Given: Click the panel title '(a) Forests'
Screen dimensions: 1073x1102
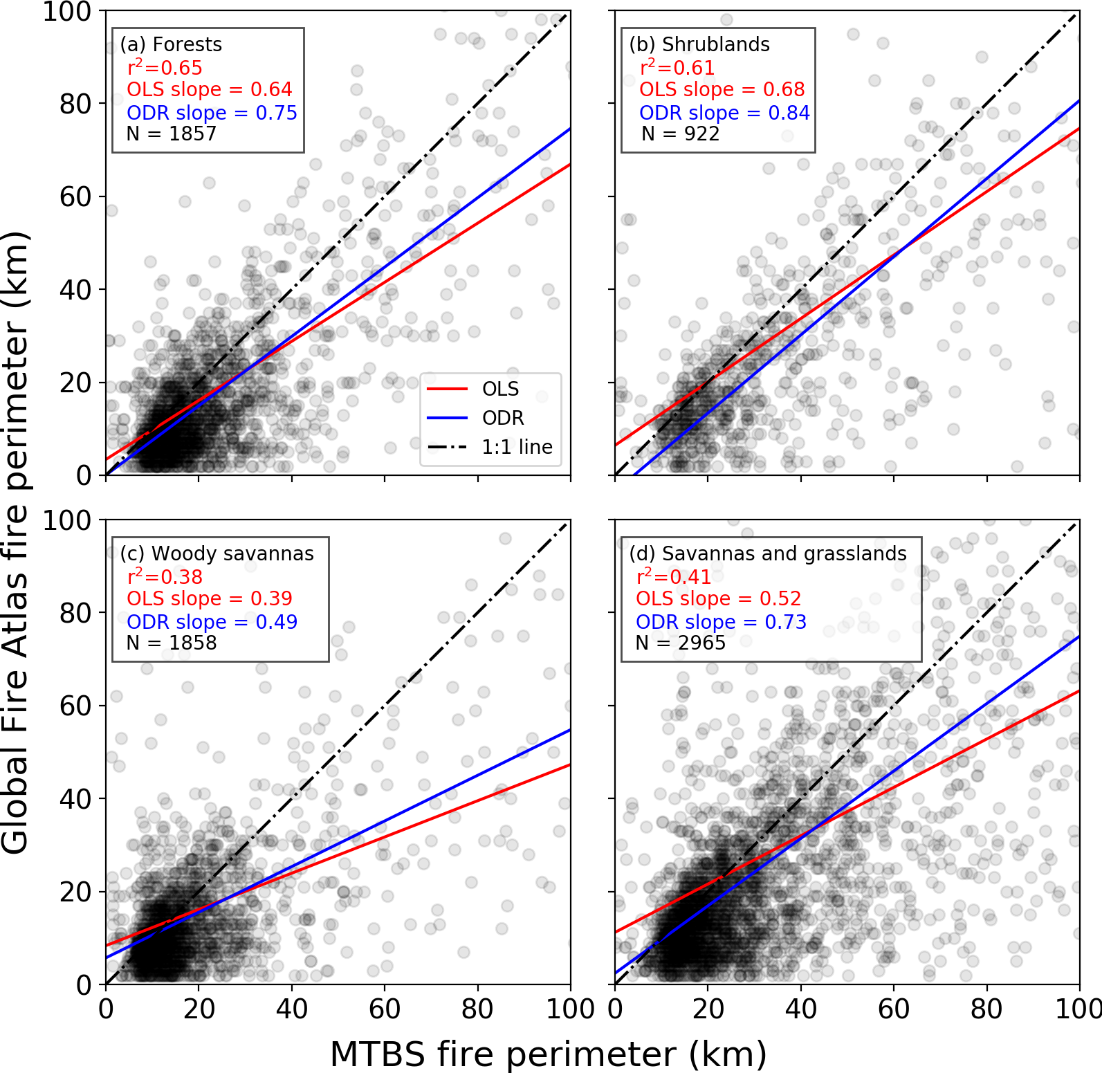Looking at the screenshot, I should point(171,44).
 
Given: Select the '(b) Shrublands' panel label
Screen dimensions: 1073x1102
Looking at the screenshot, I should point(699,44).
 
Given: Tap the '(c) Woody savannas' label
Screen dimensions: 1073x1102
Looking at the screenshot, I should point(217,553).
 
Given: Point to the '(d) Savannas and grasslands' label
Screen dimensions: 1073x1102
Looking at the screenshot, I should point(768,553).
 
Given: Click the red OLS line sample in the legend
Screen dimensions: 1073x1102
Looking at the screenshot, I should point(447,389).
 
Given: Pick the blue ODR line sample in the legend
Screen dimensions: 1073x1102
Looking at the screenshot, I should point(447,418).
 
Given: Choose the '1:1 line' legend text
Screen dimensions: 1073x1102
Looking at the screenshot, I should point(517,448).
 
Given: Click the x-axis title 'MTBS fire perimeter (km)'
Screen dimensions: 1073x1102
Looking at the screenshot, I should point(549,1054).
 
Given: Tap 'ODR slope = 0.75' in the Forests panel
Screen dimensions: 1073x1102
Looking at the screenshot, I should point(212,113).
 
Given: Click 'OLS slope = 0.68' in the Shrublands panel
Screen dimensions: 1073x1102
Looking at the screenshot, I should point(722,89).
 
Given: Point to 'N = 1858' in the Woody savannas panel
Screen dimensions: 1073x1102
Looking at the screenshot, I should point(172,643).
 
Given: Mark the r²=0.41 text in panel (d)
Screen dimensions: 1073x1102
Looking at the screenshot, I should point(673,576).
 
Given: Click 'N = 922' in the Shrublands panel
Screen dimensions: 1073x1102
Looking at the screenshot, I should point(680,134).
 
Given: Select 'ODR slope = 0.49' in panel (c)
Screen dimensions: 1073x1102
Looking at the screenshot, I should point(212,622).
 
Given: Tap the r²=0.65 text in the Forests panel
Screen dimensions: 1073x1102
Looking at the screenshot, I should point(165,68).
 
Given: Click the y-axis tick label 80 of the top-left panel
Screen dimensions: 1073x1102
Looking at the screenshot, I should point(75,104).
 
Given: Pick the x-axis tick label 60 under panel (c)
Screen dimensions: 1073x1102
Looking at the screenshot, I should point(385,1009).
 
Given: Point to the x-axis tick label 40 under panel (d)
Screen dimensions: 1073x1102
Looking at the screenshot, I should point(801,1009).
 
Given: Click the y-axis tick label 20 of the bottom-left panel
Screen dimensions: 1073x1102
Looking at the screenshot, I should point(75,892).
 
